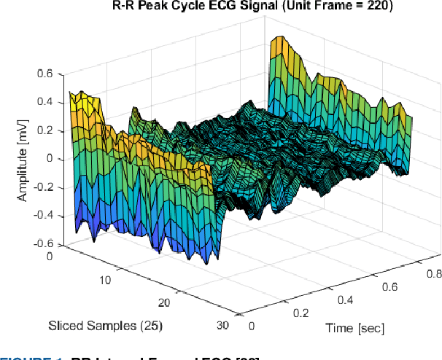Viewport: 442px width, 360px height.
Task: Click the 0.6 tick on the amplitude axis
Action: [44, 74]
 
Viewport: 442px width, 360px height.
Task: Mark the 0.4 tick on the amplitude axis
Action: [44, 102]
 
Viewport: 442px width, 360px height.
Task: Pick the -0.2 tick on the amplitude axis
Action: [43, 187]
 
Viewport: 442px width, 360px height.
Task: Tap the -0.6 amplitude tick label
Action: [43, 244]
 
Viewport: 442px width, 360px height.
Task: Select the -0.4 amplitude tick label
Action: [43, 216]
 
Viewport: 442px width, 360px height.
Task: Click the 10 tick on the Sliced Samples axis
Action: [105, 281]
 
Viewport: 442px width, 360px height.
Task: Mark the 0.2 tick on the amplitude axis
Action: [44, 130]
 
